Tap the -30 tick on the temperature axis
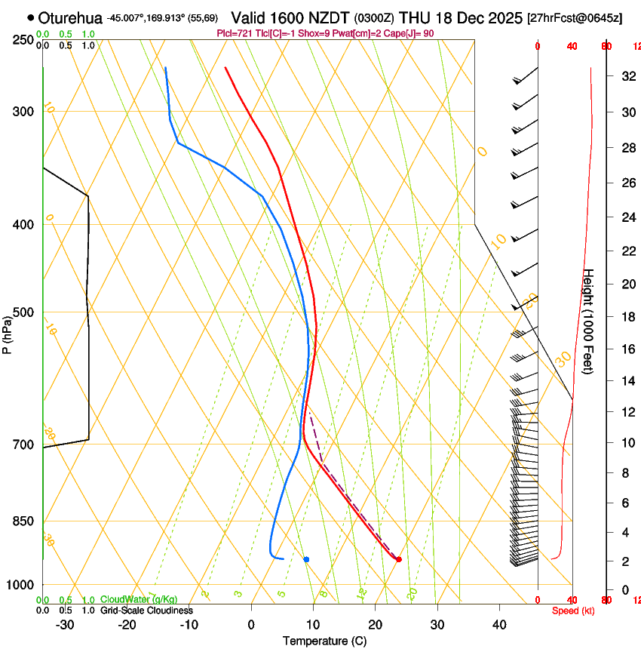(x=65, y=624)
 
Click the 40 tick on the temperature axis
(x=499, y=624)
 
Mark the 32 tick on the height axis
(x=625, y=75)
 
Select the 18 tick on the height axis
(x=625, y=317)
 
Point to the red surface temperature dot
(x=399, y=559)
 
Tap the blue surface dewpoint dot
(x=306, y=559)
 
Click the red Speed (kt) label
(x=573, y=611)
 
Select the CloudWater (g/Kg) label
(x=140, y=599)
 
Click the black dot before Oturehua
(x=31, y=17)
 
